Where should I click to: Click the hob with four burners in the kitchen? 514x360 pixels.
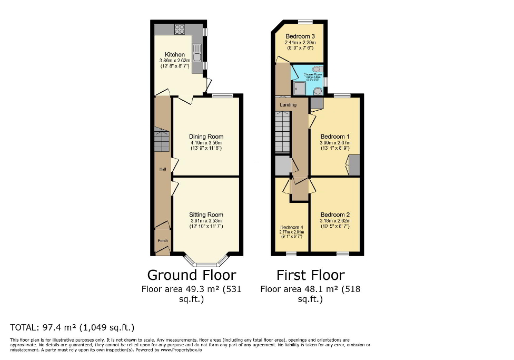[x=180, y=30]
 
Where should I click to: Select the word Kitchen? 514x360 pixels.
[x=175, y=55]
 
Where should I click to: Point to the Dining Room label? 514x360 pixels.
[x=206, y=137]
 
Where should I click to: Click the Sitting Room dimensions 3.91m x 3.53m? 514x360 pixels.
[x=206, y=220]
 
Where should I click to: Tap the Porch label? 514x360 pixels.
[x=163, y=241]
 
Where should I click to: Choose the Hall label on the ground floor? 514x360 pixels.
[x=163, y=169]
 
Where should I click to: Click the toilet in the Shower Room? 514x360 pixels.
[x=317, y=69]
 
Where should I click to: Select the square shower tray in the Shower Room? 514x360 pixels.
[x=300, y=89]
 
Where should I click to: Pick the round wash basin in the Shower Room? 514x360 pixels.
[x=318, y=91]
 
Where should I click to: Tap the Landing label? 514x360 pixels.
[x=288, y=105]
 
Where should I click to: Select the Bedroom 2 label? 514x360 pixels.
[x=335, y=215]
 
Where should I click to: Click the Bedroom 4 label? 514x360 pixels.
[x=291, y=228]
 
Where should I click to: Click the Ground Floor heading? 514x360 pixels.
[x=191, y=275]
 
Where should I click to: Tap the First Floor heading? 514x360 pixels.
[x=311, y=275]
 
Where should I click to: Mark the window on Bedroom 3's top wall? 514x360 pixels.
[x=305, y=22]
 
